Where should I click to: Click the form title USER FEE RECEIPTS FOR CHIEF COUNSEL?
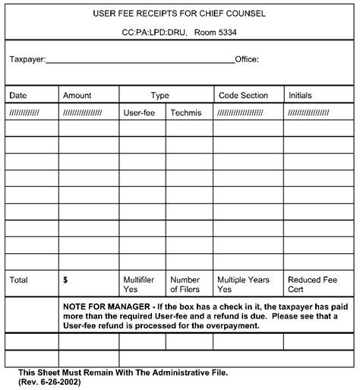coord(178,14)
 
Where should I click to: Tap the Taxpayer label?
coord(27,59)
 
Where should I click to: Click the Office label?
coord(248,59)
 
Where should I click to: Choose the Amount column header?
coord(77,95)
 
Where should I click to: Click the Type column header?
coord(159,95)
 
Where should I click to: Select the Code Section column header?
coord(243,95)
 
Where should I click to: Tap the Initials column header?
coord(300,95)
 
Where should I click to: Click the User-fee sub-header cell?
coord(138,112)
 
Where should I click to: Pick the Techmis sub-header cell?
coord(185,112)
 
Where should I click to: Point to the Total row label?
coord(19,280)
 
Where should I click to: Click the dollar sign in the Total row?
coord(66,280)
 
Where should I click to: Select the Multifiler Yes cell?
coord(138,284)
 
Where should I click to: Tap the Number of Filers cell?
coord(185,284)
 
